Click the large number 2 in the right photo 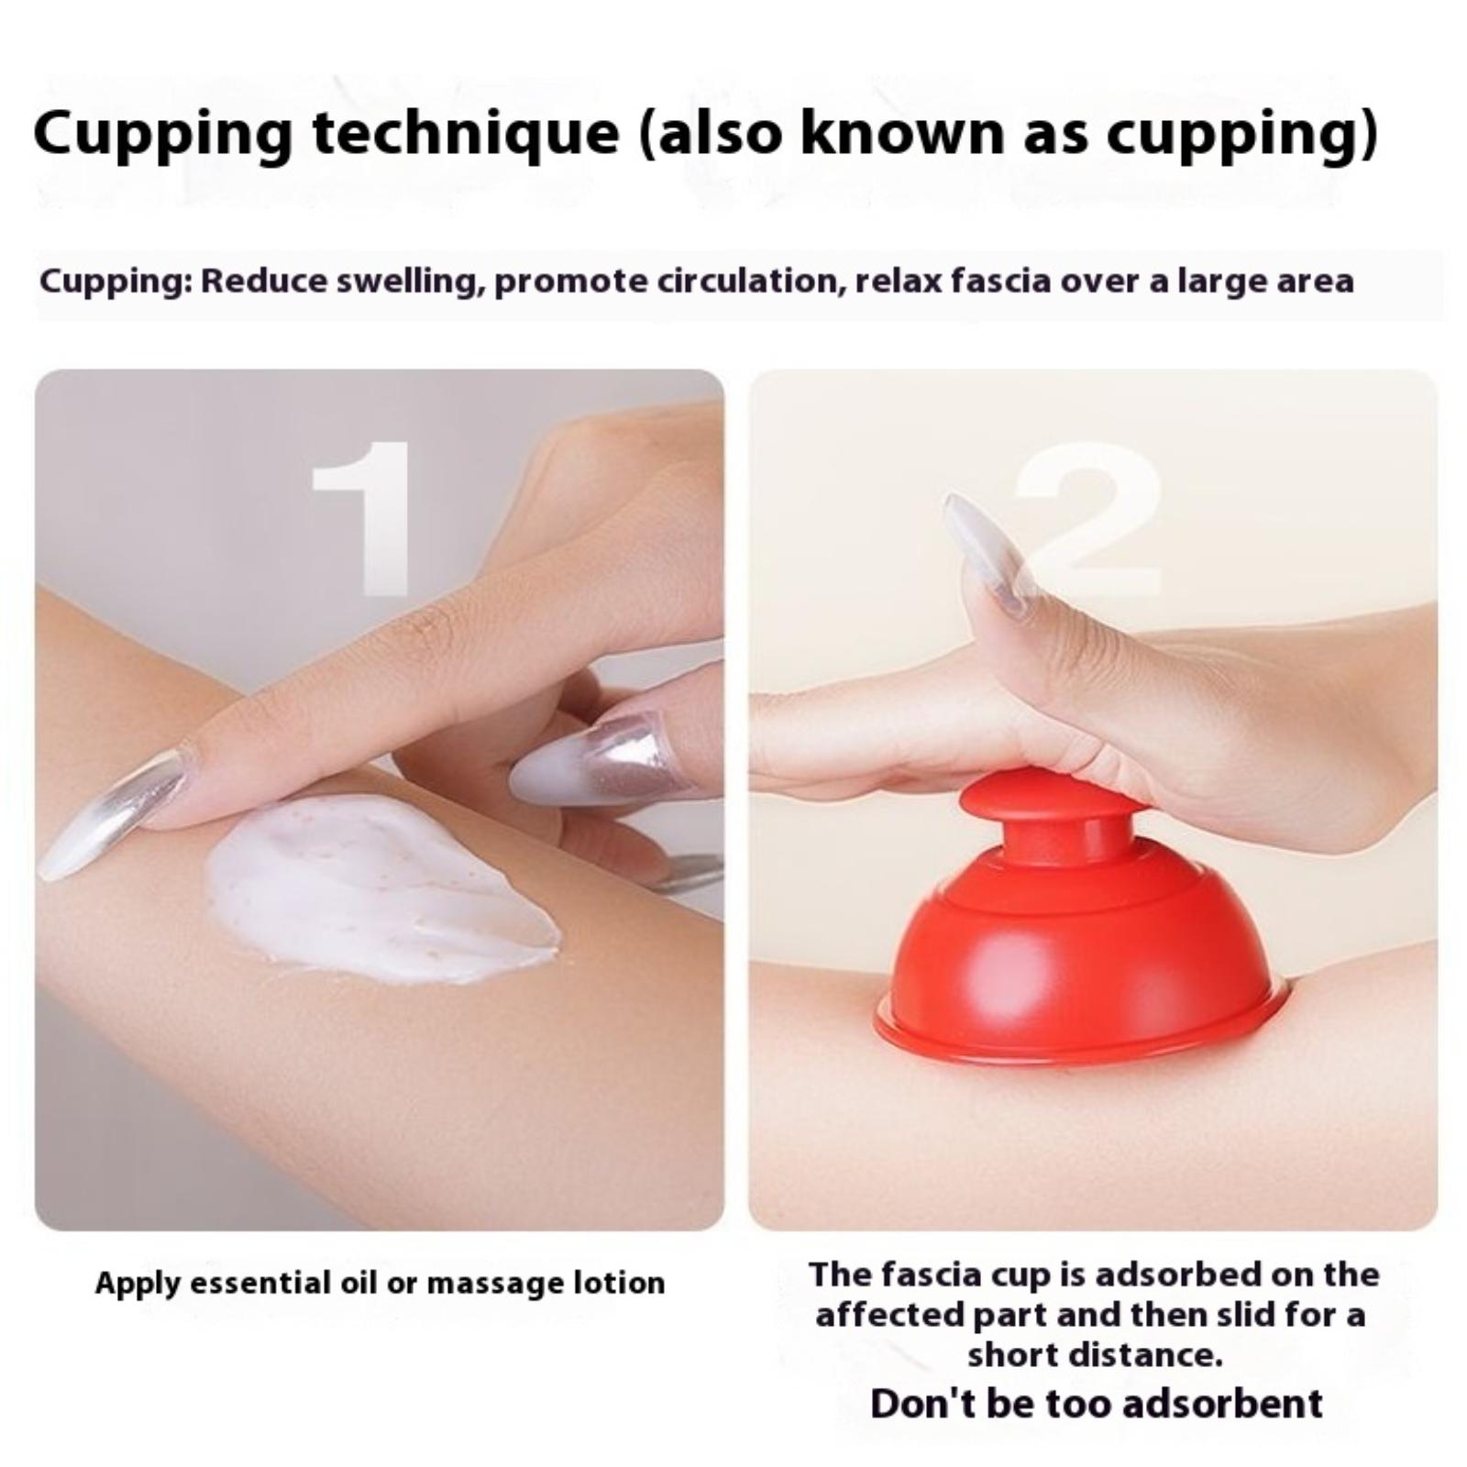pos(1091,520)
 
